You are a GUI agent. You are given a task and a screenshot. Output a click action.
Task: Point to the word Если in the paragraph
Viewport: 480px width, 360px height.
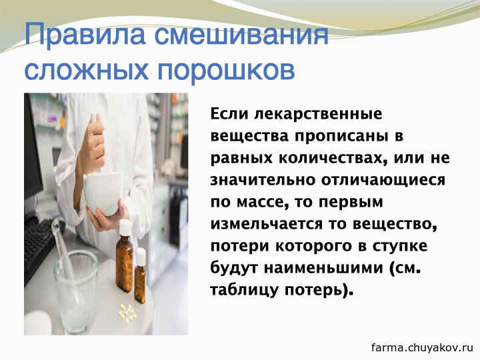click(229, 113)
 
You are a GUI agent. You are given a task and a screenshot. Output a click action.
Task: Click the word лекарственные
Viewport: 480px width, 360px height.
click(319, 114)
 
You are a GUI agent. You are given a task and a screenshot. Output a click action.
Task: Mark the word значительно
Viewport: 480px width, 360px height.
click(263, 180)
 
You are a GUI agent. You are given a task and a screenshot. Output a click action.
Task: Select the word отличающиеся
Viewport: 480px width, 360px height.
click(383, 181)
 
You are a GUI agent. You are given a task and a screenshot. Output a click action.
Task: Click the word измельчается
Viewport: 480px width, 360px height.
click(267, 225)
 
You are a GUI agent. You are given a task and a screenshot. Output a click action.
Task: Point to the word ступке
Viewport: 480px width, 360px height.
click(399, 247)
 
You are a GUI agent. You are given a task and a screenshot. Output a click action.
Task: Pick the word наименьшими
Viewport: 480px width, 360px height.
click(323, 269)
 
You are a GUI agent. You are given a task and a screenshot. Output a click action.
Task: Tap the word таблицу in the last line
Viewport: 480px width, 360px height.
click(244, 290)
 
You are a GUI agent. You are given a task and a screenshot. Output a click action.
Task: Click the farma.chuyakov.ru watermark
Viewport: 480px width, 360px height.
click(423, 347)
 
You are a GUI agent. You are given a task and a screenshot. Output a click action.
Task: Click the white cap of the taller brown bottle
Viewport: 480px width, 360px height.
click(125, 227)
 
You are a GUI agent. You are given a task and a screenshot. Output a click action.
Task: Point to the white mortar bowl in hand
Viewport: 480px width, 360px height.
click(103, 192)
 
